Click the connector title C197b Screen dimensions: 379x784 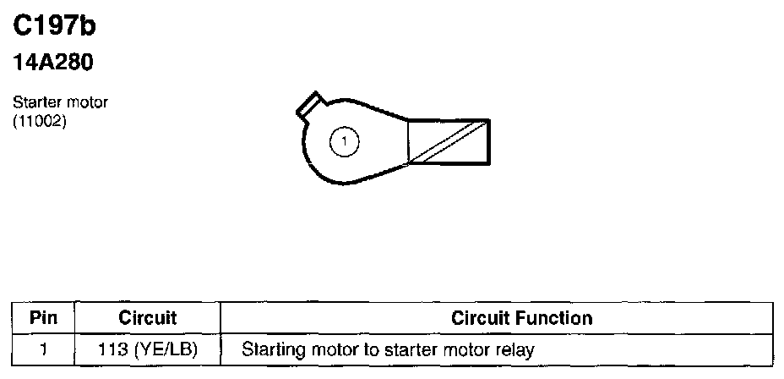tap(55, 27)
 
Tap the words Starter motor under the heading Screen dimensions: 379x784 tap(60, 102)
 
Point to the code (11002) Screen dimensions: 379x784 tap(40, 119)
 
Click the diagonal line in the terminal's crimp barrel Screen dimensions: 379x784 tap(447, 141)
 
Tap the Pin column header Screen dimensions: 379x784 tap(43, 319)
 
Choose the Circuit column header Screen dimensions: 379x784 tap(147, 319)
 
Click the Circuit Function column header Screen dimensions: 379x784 tap(522, 319)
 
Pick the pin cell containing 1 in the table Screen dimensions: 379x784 tap(43, 349)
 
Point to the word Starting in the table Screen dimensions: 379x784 tap(270, 349)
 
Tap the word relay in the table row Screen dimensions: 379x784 tap(516, 349)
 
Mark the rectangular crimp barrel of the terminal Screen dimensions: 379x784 tap(448, 141)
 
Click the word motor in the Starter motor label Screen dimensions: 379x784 tap(88, 102)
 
